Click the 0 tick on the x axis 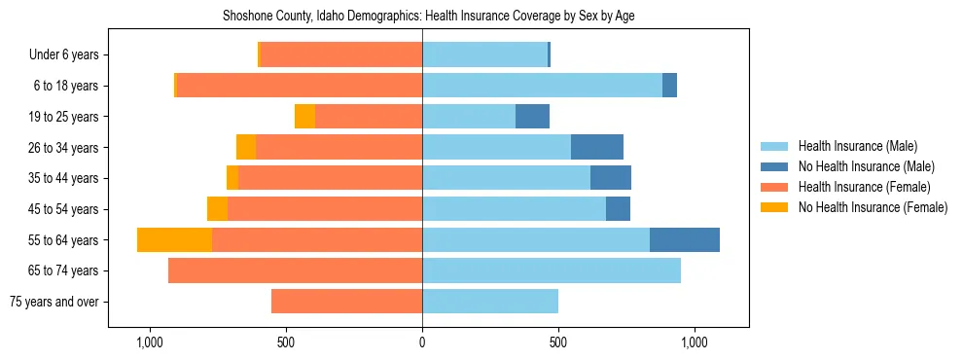click(422, 342)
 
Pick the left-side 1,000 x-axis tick click(150, 342)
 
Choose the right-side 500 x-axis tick click(558, 342)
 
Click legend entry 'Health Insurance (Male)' click(857, 146)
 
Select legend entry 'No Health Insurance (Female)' click(873, 207)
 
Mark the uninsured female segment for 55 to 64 click(174, 239)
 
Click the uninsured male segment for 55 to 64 click(685, 239)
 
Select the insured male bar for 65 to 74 click(552, 270)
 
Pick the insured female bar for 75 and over click(346, 302)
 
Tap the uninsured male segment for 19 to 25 click(532, 117)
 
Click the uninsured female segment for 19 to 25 click(305, 117)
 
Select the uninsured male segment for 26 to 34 click(597, 147)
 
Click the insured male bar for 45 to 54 click(514, 209)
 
